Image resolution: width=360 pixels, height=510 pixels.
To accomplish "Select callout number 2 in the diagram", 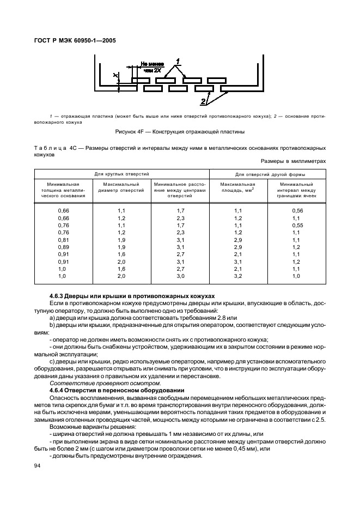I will pyautogui.click(x=203, y=101).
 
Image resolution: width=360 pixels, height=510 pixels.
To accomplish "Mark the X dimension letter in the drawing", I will pyautogui.click(x=114, y=76).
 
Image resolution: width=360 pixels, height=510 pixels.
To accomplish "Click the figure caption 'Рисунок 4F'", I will pyautogui.click(x=180, y=132).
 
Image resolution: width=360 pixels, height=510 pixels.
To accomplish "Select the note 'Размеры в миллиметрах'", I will pyautogui.click(x=293, y=161).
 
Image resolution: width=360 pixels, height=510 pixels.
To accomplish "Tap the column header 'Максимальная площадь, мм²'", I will pyautogui.click(x=237, y=187).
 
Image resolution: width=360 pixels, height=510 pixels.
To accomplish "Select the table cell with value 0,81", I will pyautogui.click(x=63, y=240).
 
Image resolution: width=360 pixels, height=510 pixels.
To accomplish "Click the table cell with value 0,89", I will pyautogui.click(x=63, y=247).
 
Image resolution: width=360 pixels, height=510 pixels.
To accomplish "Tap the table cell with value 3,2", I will pyautogui.click(x=237, y=276).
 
